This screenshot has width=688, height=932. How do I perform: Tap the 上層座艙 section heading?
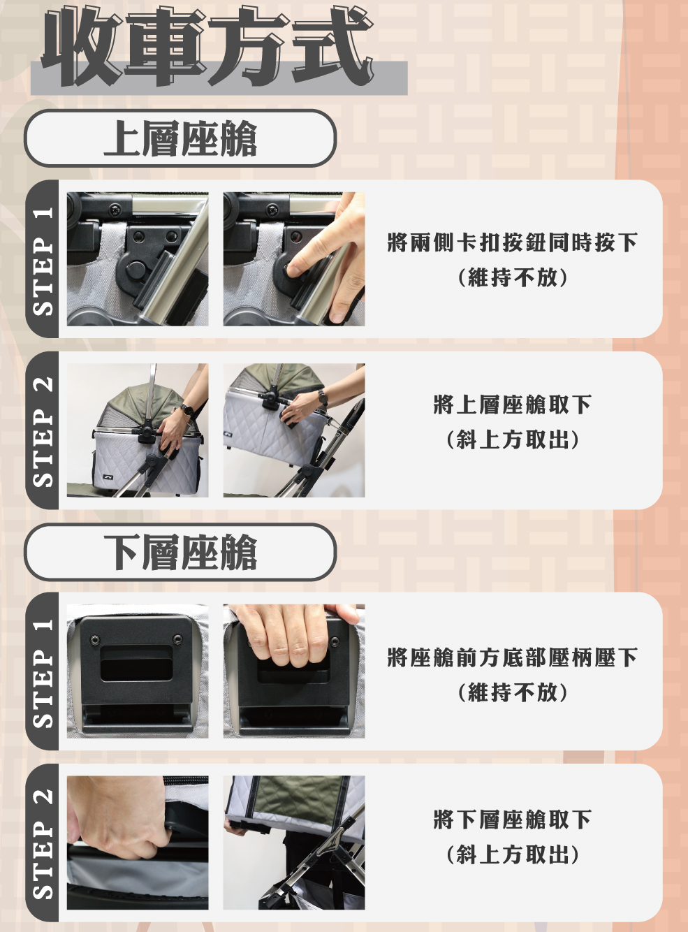pyautogui.click(x=180, y=138)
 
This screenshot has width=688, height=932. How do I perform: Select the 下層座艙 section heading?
pyautogui.click(x=180, y=552)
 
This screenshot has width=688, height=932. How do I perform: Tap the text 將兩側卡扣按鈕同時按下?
pyautogui.click(x=512, y=242)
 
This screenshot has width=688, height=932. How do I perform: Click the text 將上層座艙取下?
pyautogui.click(x=512, y=405)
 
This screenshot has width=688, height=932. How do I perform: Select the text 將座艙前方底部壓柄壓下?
pyautogui.click(x=512, y=657)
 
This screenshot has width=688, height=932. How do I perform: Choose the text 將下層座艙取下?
pyautogui.click(x=512, y=820)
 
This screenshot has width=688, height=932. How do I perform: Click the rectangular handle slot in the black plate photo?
pyautogui.click(x=137, y=664)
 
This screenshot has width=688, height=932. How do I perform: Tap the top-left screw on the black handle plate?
pyautogui.click(x=95, y=639)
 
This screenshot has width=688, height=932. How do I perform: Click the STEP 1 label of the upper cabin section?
pyautogui.click(x=43, y=261)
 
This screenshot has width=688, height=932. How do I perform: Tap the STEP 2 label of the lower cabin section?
pyautogui.click(x=43, y=844)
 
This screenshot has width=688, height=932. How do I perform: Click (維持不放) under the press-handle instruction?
pyautogui.click(x=512, y=692)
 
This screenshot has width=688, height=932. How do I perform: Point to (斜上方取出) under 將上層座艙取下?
pyautogui.click(x=512, y=440)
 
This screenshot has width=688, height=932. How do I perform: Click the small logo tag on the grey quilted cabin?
pyautogui.click(x=108, y=477)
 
